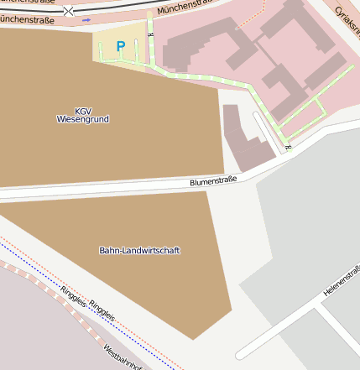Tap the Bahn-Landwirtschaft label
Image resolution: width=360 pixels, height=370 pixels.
tap(139, 250)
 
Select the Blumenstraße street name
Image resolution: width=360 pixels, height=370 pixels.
tap(213, 180)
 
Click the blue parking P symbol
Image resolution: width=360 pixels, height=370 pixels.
tap(121, 47)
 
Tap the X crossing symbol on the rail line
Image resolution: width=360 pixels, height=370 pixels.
tap(68, 11)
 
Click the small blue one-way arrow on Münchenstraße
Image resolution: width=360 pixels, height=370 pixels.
tap(86, 19)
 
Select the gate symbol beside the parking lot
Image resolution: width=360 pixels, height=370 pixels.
tap(150, 36)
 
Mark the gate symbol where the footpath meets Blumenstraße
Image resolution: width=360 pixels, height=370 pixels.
tap(287, 148)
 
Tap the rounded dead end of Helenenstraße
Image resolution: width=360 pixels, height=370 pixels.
tap(241, 353)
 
